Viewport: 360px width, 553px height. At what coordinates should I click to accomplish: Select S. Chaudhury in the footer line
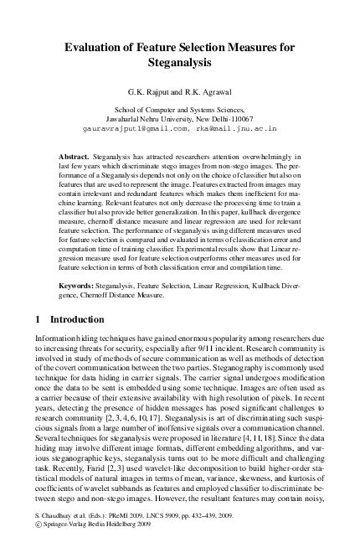47,532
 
